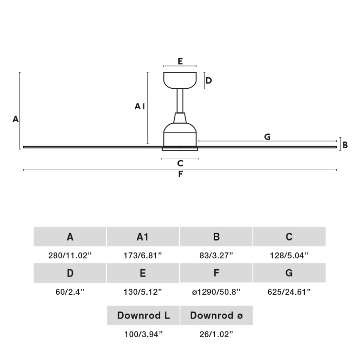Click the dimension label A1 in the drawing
[x=140, y=107]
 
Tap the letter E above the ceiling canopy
[x=180, y=61]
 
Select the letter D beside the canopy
[x=209, y=80]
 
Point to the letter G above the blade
[x=267, y=137]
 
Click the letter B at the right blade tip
[x=345, y=145]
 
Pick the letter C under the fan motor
[x=180, y=164]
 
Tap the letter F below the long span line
[x=180, y=175]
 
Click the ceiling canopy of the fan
[x=180, y=80]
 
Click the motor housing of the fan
[x=180, y=133]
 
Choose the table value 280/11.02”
[x=70, y=256]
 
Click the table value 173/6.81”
[x=143, y=256]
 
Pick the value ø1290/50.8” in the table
[x=216, y=292]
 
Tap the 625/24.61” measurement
[x=289, y=292]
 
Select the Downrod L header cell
[x=144, y=316]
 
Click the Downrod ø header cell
[x=216, y=316]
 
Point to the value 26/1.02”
[x=216, y=334]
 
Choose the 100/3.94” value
[x=144, y=334]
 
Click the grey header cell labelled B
[x=216, y=237]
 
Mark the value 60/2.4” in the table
[x=70, y=292]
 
